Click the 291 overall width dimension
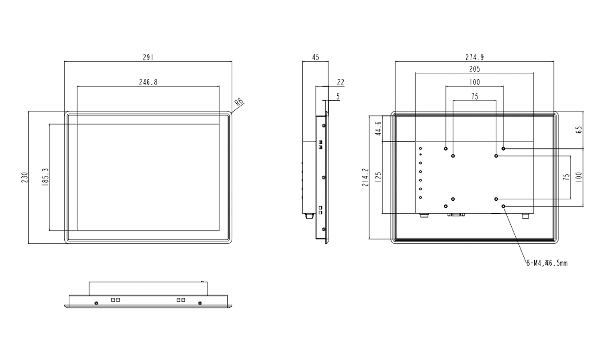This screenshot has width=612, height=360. point(148,57)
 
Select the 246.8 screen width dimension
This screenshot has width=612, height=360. point(148,82)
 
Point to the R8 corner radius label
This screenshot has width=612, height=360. point(239,102)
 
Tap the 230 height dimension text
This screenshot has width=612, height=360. point(25,177)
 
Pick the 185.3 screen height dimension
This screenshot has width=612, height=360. point(45,177)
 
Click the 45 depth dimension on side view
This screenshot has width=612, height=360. point(315,57)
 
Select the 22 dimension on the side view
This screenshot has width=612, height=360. point(340,82)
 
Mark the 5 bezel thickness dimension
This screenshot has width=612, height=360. point(338,96)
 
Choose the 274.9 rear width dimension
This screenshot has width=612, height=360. point(474,57)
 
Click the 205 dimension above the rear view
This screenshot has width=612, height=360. point(474,69)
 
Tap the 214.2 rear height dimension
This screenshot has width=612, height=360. point(365,177)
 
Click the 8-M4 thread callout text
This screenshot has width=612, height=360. point(547,263)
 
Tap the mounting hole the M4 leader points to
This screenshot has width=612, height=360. point(504,206)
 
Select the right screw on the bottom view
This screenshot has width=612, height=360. point(200,304)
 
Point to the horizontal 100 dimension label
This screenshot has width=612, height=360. point(474,82)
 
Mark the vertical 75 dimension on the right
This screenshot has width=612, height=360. point(566,177)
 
